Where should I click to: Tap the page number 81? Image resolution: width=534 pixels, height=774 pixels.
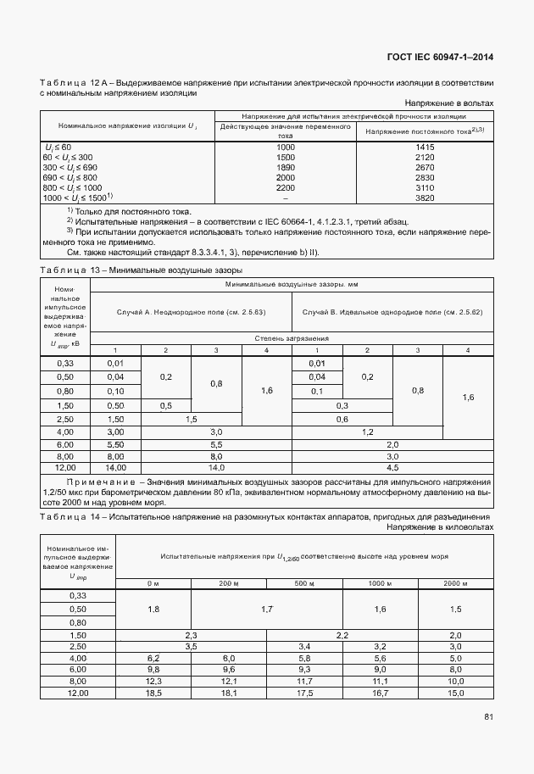pyautogui.click(x=488, y=717)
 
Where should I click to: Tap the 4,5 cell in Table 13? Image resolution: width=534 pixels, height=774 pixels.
pyautogui.click(x=392, y=467)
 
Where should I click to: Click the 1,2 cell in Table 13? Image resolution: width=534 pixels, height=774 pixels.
pyautogui.click(x=392, y=432)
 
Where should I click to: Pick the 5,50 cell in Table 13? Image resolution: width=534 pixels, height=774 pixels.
pyautogui.click(x=115, y=443)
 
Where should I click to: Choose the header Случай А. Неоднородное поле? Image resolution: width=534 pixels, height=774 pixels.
pyautogui.click(x=190, y=313)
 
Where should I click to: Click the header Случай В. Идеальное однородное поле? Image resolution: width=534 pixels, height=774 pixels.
pyautogui.click(x=392, y=313)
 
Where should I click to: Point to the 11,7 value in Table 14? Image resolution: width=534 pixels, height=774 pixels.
pyautogui.click(x=303, y=681)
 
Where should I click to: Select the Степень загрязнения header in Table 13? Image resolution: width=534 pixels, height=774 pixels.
pyautogui.click(x=292, y=338)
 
